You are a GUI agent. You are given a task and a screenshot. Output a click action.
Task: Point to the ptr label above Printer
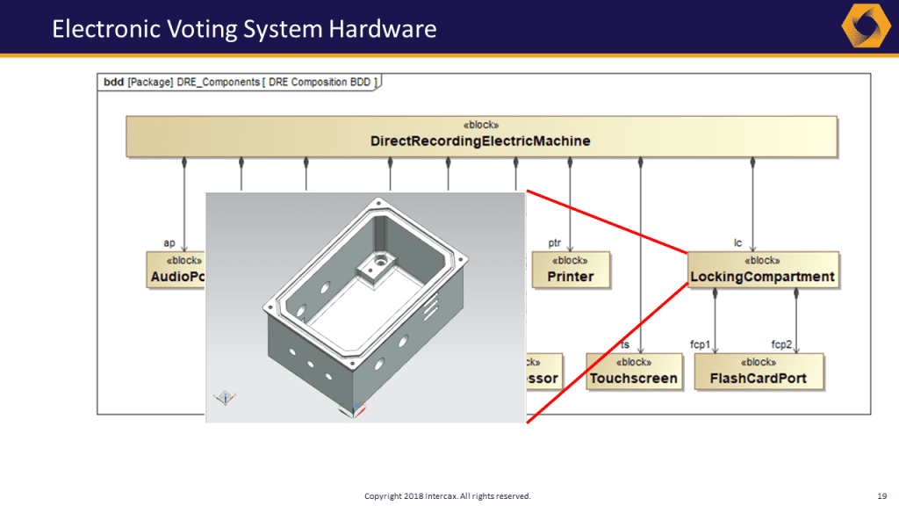(x=555, y=242)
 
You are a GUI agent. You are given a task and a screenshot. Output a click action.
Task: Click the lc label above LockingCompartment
(x=738, y=242)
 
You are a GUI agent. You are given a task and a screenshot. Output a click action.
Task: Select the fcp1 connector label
(x=700, y=343)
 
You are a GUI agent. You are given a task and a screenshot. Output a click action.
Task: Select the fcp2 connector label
(x=781, y=343)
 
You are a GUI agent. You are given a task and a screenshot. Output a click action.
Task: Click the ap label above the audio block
(x=169, y=242)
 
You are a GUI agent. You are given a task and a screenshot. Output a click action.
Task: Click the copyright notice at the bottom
(x=448, y=496)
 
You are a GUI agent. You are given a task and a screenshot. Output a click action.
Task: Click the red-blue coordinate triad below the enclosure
(x=356, y=409)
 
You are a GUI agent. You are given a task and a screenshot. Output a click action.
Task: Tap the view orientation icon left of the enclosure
(x=226, y=398)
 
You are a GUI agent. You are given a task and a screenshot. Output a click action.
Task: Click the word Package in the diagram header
(x=150, y=83)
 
